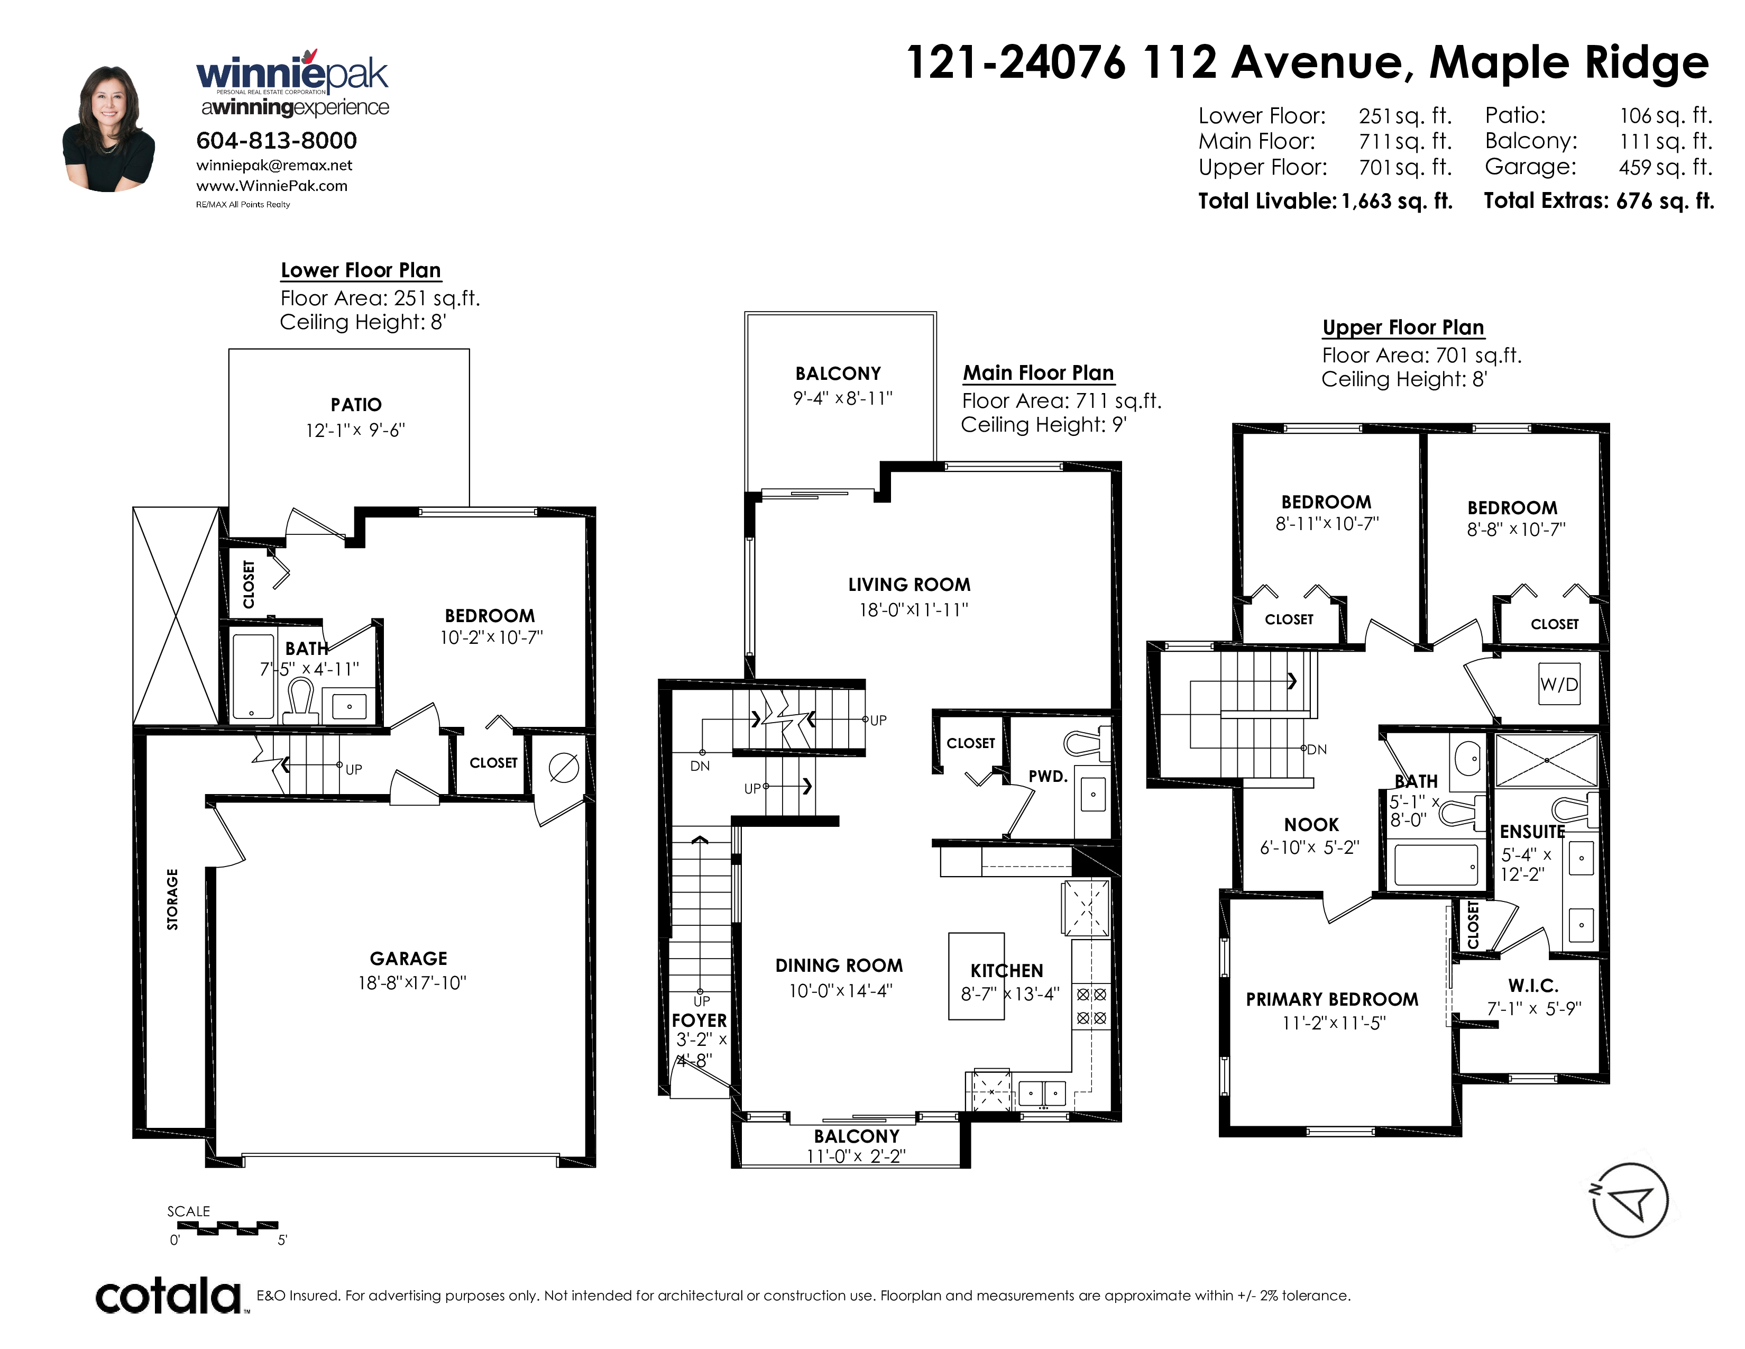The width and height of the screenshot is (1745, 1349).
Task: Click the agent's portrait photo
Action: [108, 128]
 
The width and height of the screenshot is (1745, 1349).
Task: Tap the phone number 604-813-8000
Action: [277, 141]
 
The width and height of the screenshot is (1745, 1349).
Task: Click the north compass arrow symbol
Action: [1630, 1200]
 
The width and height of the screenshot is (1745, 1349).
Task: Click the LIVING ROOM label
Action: [910, 585]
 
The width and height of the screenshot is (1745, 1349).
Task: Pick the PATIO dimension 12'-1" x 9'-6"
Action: [355, 430]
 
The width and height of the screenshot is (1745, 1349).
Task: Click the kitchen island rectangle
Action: [976, 976]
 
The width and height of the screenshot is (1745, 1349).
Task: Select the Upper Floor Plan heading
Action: [1403, 327]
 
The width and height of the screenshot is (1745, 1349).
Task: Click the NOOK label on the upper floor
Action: [1311, 825]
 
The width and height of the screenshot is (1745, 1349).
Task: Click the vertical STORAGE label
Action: [172, 899]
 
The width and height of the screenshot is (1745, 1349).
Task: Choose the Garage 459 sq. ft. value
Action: [1666, 167]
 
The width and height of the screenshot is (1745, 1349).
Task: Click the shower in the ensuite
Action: [1546, 760]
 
